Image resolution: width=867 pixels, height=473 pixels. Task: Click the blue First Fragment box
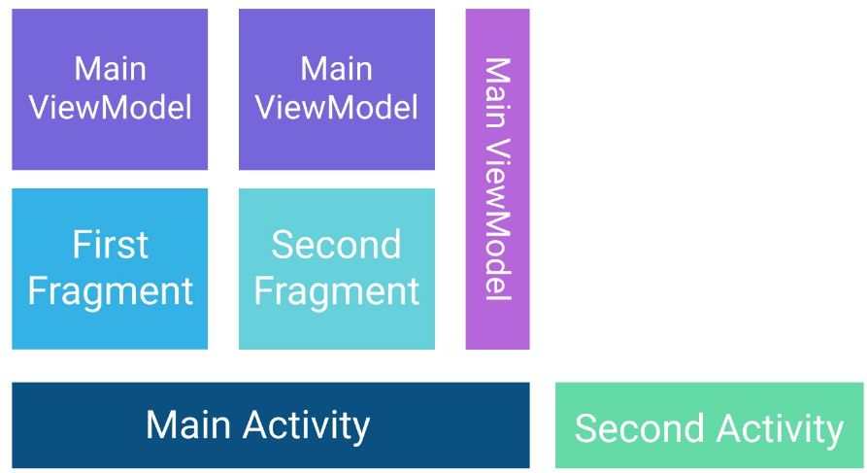pos(110,269)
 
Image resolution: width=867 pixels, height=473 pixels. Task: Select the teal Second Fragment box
pos(337,269)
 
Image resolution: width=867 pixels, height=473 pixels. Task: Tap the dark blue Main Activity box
pos(271,424)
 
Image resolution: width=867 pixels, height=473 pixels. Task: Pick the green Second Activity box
pos(710,424)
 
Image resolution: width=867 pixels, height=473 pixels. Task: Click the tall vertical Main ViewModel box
pos(498,180)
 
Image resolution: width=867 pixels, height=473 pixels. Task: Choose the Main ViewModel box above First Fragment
pos(110,89)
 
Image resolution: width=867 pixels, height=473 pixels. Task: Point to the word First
pos(111,244)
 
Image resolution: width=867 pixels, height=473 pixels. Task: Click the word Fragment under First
pos(111,291)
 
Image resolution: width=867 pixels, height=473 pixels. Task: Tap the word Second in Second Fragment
pos(336,244)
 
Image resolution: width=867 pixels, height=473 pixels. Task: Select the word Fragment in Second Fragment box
pos(337,291)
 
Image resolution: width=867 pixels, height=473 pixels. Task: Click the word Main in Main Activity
pos(188,424)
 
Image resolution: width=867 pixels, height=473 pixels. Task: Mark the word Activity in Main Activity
pos(307,426)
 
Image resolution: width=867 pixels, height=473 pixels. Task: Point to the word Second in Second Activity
pos(638,428)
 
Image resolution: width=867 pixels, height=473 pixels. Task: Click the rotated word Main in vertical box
pos(498,92)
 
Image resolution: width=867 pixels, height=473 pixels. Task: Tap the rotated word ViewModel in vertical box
pos(498,220)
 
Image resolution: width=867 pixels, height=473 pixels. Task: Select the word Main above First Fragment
pos(111,69)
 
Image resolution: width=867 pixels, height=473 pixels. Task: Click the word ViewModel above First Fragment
pos(111,108)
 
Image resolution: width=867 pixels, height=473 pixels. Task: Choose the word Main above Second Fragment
pos(337,69)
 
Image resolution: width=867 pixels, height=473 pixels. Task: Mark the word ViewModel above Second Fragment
pos(337,108)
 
